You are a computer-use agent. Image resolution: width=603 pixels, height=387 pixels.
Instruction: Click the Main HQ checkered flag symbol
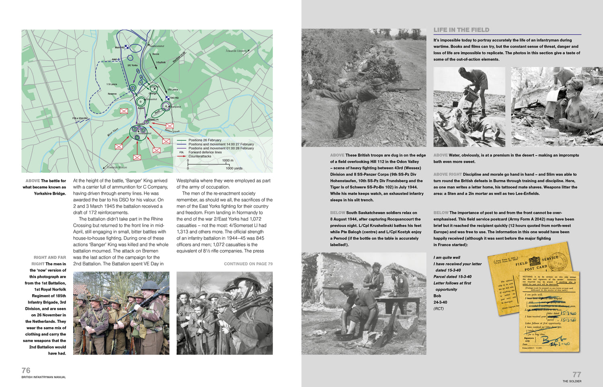pyautogui.click(x=126, y=47)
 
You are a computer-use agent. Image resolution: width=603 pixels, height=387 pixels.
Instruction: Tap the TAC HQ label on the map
pyautogui.click(x=174, y=98)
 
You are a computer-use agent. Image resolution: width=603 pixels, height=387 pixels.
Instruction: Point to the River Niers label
pyautogui.click(x=113, y=132)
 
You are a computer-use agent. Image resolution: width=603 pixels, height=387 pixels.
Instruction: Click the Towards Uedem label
pyautogui.click(x=236, y=51)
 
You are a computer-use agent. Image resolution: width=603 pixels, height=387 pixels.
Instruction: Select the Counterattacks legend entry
pyautogui.click(x=200, y=156)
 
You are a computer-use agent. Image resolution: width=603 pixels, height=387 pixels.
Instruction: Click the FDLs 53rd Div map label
pyautogui.click(x=80, y=118)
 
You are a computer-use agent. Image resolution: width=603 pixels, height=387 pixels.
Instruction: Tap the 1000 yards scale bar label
pyautogui.click(x=234, y=168)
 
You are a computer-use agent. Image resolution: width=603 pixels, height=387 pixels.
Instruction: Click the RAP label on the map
pyautogui.click(x=114, y=59)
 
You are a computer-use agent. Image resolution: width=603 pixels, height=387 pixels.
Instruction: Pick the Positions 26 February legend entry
pyautogui.click(x=205, y=140)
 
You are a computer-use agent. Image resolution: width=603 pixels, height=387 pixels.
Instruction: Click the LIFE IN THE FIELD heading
pyautogui.click(x=461, y=30)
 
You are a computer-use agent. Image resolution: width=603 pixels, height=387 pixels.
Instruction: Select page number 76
pyautogui.click(x=26, y=370)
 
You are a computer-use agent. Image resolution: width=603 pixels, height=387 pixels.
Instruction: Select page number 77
pyautogui.click(x=576, y=374)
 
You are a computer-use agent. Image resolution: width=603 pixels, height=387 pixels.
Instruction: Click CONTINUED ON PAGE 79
pyautogui.click(x=248, y=264)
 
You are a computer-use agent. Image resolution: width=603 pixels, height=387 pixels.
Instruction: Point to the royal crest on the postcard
pyautogui.click(x=535, y=261)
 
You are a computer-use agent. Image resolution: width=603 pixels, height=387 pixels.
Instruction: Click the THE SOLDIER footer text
pyautogui.click(x=572, y=381)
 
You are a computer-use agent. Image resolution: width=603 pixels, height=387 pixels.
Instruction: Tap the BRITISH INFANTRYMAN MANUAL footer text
pyautogui.click(x=44, y=377)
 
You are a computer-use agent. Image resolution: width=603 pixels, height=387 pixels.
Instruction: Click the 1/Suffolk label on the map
pyautogui.click(x=161, y=62)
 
